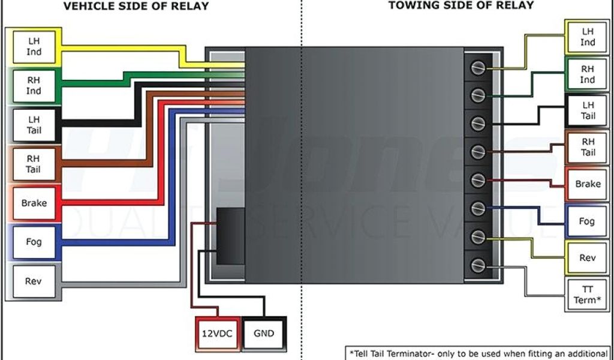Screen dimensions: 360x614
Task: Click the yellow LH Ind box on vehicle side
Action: click(x=34, y=47)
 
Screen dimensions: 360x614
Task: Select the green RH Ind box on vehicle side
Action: click(x=34, y=86)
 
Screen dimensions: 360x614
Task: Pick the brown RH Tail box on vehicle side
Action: click(x=34, y=164)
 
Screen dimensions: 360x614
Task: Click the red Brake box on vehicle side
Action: click(x=34, y=203)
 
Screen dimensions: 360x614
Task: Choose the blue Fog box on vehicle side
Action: click(x=34, y=242)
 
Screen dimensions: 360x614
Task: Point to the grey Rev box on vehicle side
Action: click(x=34, y=281)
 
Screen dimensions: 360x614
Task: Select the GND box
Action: click(x=263, y=333)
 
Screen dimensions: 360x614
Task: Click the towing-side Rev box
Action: click(x=587, y=258)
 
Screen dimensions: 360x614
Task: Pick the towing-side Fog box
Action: click(x=587, y=221)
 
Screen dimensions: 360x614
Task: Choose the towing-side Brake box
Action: click(x=587, y=184)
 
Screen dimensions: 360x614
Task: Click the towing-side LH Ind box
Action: click(x=587, y=37)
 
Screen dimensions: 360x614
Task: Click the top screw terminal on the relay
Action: click(x=478, y=68)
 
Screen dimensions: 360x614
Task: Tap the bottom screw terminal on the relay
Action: click(x=478, y=265)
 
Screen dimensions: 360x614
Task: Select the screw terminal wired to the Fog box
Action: click(x=478, y=208)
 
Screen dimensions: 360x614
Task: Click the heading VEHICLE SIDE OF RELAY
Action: click(x=137, y=7)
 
